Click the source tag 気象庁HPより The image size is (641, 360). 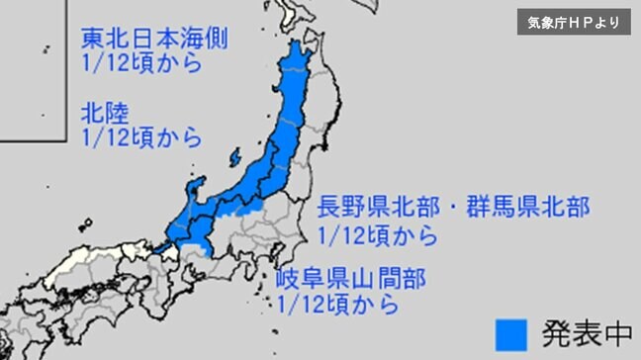pos(574,21)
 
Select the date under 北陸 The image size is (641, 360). pos(141,136)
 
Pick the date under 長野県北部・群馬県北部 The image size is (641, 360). pos(378,234)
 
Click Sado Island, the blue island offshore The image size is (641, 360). pos(234,157)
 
